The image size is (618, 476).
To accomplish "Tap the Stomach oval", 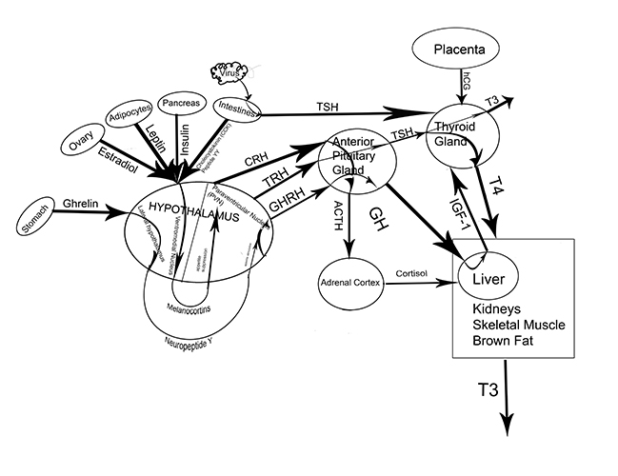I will coord(39,225).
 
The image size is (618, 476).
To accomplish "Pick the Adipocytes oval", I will coord(129,120).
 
